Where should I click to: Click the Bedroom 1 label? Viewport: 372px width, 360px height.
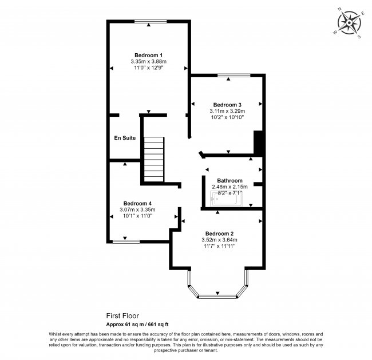[x=148, y=54]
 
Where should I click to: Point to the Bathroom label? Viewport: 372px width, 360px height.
[x=229, y=180]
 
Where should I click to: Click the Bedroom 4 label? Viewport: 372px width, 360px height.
[x=137, y=203]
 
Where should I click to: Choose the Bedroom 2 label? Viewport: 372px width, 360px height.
[x=219, y=234]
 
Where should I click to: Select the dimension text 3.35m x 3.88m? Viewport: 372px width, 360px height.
[x=148, y=61]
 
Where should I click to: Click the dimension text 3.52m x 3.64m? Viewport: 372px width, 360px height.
[x=219, y=240]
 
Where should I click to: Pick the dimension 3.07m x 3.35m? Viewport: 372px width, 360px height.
[x=137, y=210]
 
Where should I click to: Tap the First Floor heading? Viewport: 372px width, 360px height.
[x=122, y=315]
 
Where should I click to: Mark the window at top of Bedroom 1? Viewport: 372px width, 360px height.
[x=151, y=22]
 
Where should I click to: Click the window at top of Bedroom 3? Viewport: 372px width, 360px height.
[x=234, y=75]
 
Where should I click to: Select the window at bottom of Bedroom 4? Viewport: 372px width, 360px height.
[x=126, y=242]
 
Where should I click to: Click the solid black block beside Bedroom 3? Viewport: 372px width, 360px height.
[x=258, y=143]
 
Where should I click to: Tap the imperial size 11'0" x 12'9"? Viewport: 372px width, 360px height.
[x=148, y=68]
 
